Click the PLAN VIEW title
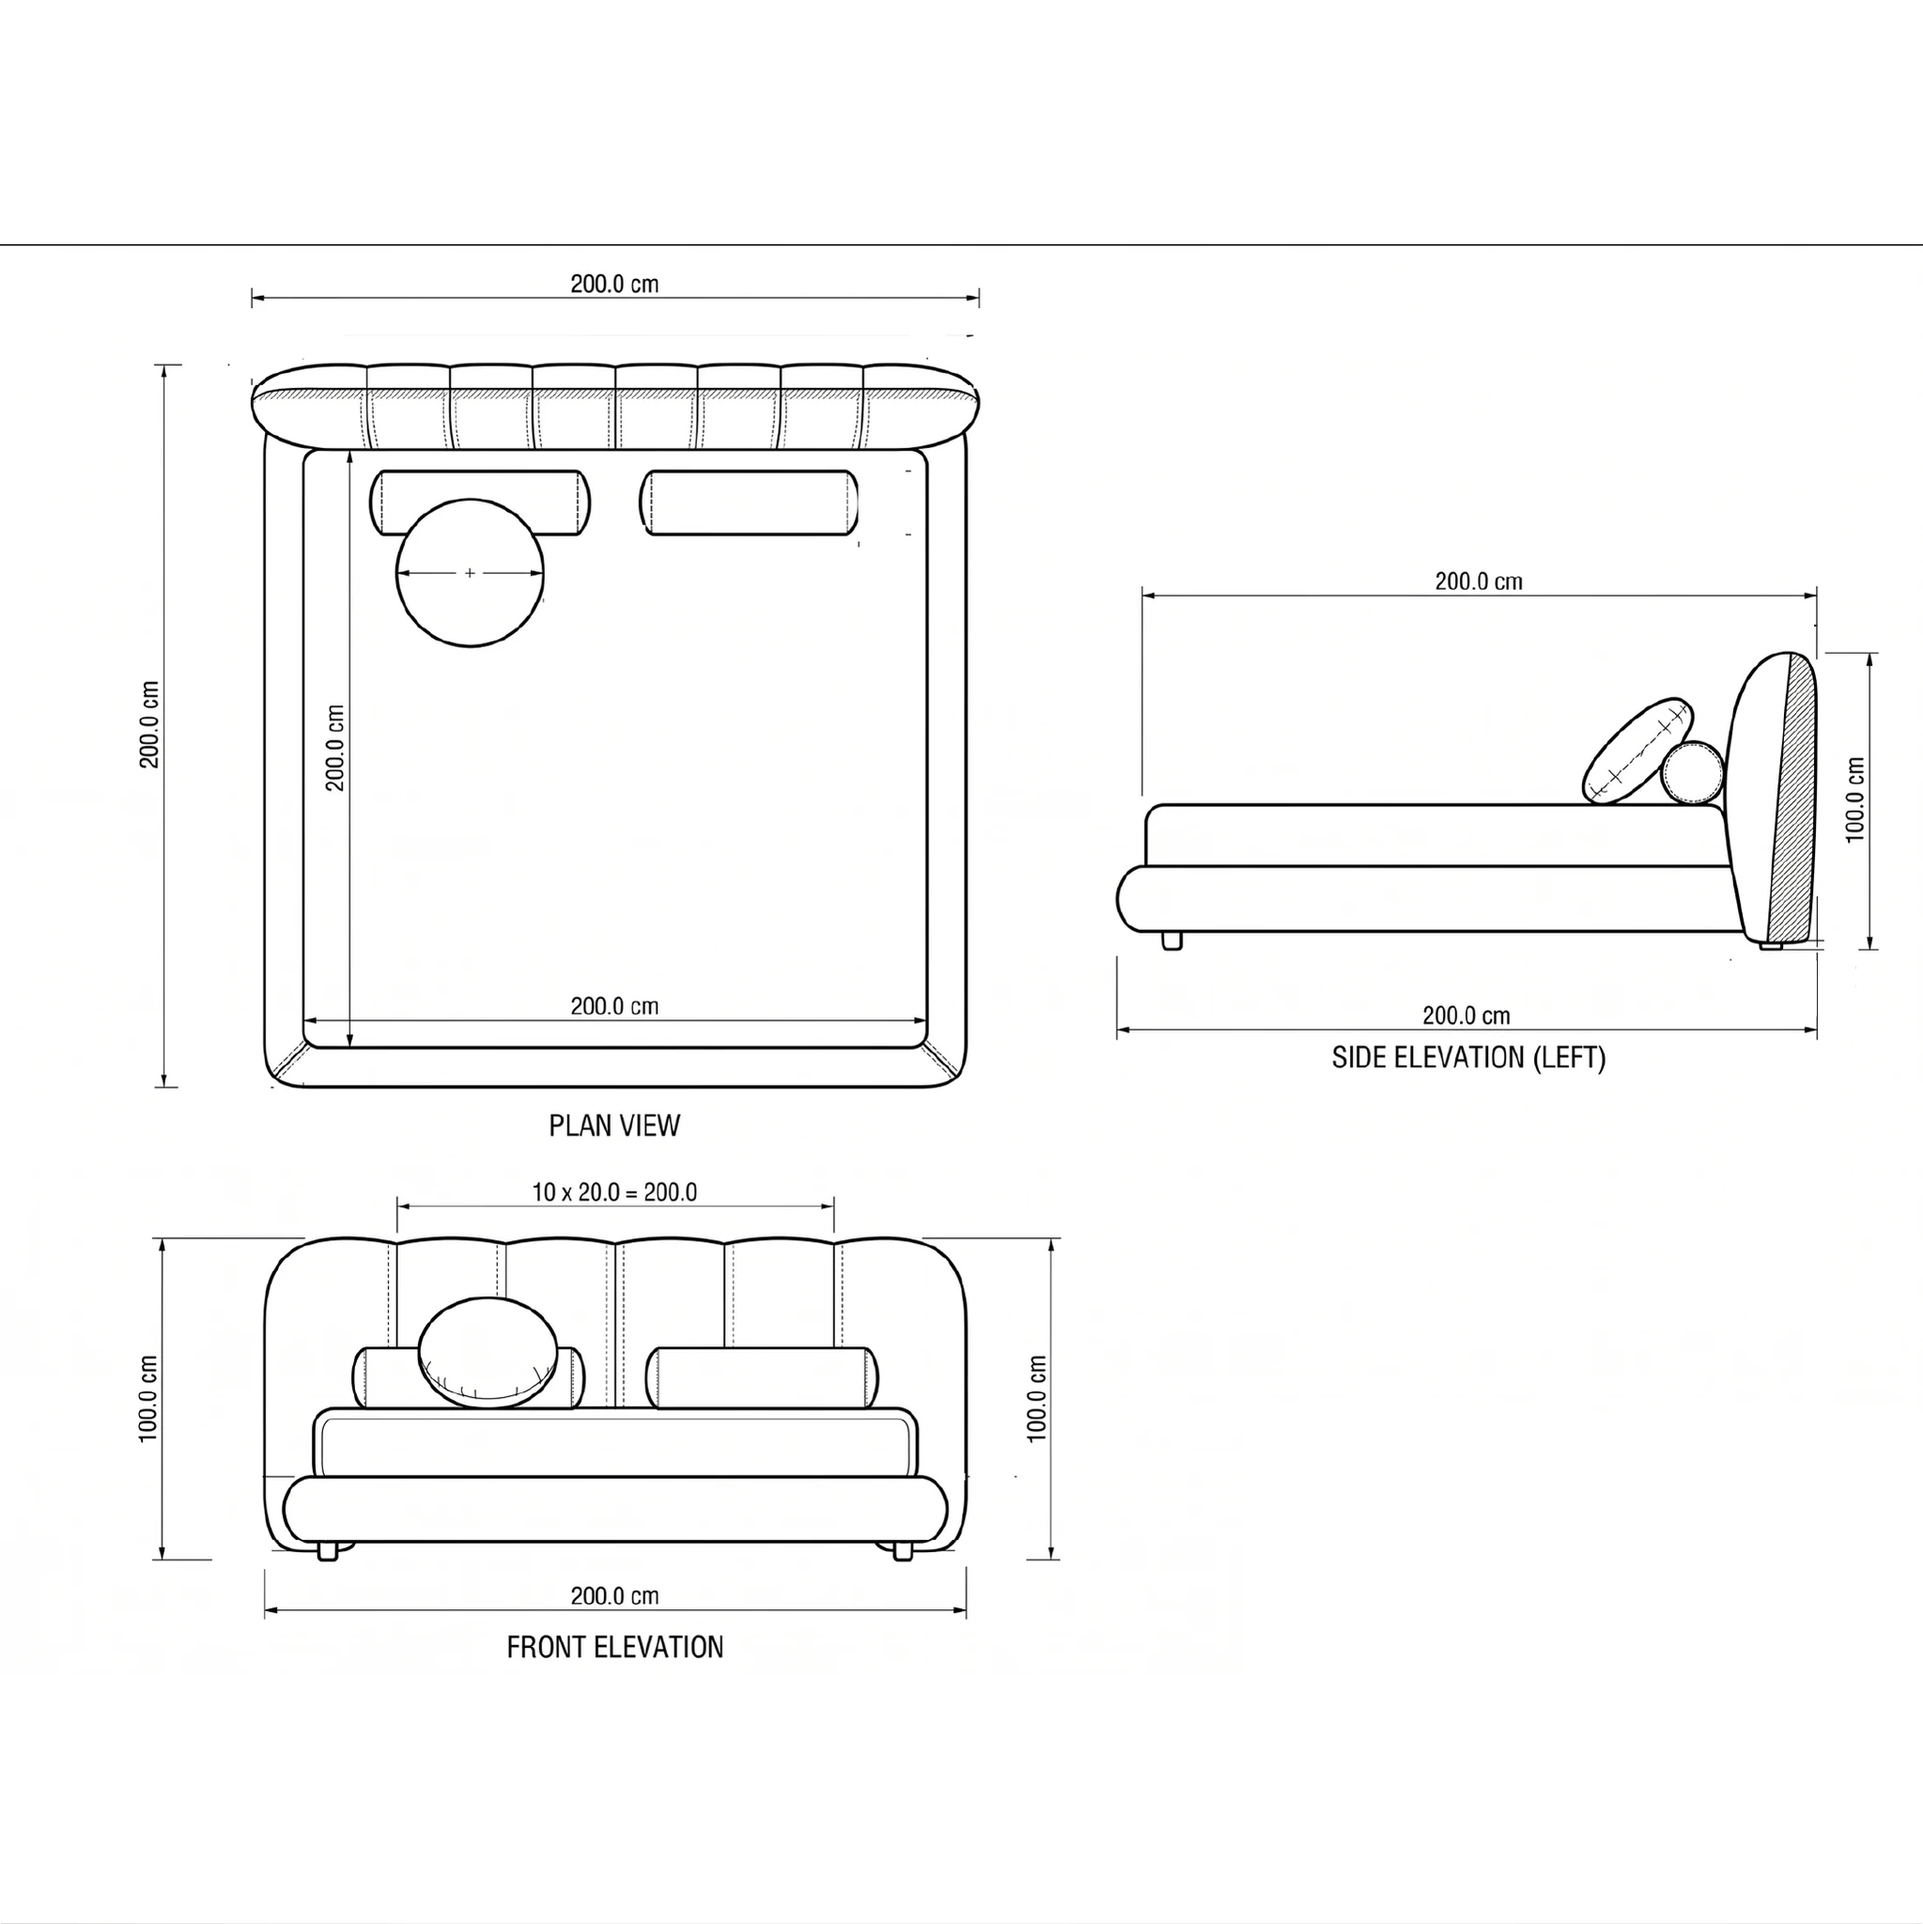tap(614, 1125)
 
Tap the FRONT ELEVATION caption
tap(614, 1647)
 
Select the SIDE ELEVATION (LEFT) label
tap(1469, 1058)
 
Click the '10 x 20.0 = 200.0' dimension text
tap(614, 1192)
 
